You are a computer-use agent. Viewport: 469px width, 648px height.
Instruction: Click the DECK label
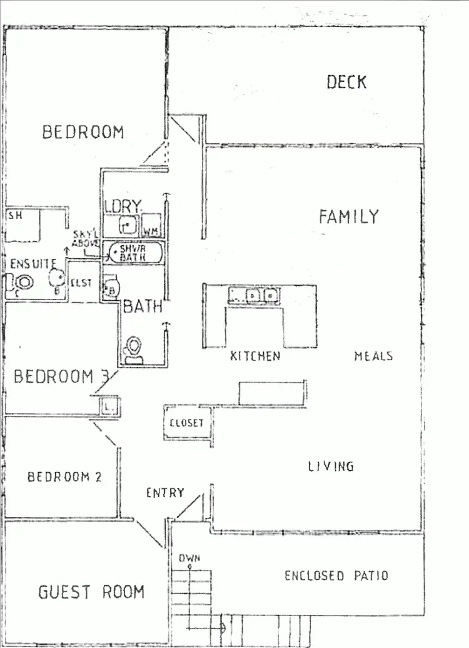(346, 82)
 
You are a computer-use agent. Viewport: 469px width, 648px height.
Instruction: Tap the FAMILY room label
(348, 216)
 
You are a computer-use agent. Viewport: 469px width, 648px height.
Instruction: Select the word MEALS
(373, 356)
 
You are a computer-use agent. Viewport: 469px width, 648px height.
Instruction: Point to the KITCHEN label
(255, 356)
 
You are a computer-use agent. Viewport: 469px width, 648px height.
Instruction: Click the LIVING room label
(331, 466)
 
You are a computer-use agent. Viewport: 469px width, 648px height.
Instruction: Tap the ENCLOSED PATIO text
(336, 575)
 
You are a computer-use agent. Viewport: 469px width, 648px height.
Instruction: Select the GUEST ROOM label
(91, 591)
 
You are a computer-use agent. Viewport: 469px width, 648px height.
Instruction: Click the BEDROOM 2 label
(64, 477)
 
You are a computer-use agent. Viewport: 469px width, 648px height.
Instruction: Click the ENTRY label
(165, 493)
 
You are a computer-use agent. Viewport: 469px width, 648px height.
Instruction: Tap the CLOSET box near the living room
(187, 423)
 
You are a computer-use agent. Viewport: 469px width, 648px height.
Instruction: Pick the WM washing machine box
(151, 223)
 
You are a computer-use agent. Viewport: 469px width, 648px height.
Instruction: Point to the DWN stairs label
(188, 559)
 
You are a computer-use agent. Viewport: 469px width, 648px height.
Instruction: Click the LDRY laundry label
(124, 206)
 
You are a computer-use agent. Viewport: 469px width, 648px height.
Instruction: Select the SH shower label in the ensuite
(14, 216)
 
